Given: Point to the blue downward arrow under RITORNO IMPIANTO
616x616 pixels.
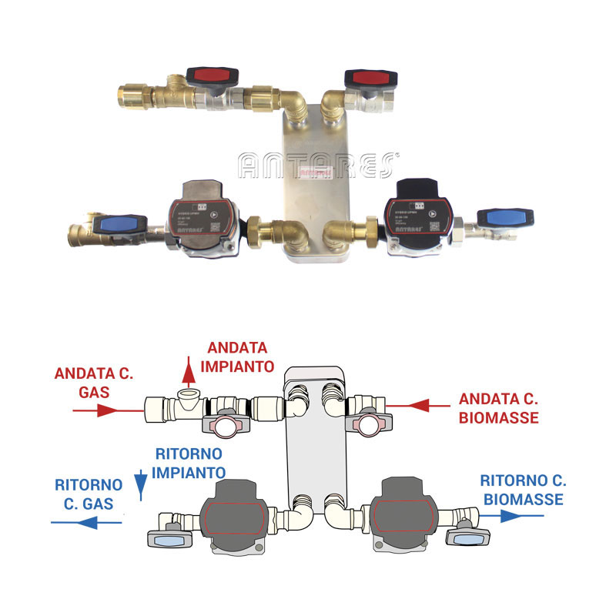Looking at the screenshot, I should tap(140, 484).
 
